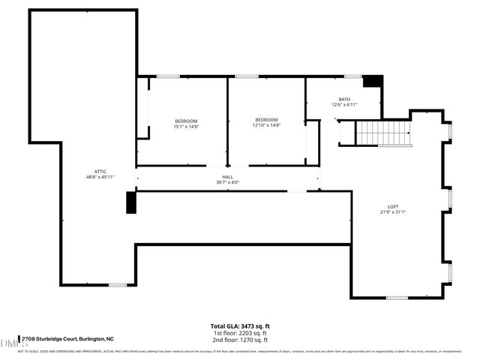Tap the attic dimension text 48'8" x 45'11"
click(100, 177)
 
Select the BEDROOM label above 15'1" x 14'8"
click(186, 121)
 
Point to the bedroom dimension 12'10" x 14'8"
click(266, 126)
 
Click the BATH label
click(344, 99)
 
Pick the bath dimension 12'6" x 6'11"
click(344, 105)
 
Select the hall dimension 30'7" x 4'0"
click(227, 182)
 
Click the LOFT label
click(392, 206)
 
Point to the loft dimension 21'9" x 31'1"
click(392, 212)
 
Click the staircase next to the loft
click(383, 133)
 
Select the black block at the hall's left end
click(130, 202)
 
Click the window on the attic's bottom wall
click(118, 284)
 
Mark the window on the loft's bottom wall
click(396, 298)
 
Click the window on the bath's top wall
click(352, 76)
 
